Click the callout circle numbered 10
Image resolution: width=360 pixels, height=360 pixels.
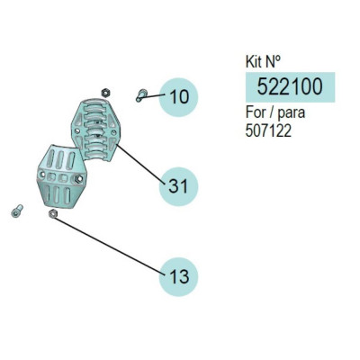click(x=178, y=97)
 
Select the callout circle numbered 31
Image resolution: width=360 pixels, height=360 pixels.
click(x=178, y=186)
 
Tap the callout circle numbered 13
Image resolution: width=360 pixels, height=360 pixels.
click(x=178, y=276)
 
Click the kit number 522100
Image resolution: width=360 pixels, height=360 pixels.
click(x=290, y=87)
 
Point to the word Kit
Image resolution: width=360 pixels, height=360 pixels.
click(x=254, y=62)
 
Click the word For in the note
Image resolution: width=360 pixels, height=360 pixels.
click(x=256, y=112)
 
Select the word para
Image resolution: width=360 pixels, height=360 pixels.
click(x=291, y=114)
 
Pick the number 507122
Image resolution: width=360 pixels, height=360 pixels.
click(x=268, y=130)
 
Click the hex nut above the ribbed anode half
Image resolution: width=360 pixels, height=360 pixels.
click(x=105, y=93)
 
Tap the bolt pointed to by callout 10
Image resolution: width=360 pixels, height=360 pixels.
click(x=140, y=95)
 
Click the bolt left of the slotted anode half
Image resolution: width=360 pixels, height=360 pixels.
click(x=17, y=211)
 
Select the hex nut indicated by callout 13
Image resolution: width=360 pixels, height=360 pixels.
click(x=52, y=213)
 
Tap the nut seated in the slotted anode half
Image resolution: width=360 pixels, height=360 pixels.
click(x=78, y=179)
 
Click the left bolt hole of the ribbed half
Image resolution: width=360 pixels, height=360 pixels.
click(x=77, y=130)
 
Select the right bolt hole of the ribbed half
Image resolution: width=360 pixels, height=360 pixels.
click(x=113, y=132)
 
